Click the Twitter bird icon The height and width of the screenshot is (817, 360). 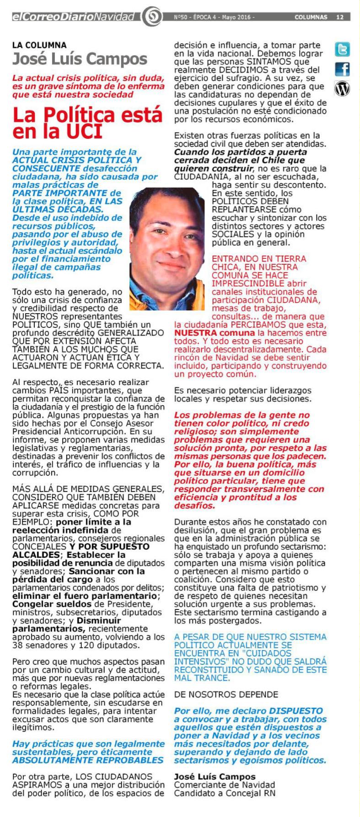point(343,49)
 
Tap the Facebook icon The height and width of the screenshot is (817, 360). point(343,69)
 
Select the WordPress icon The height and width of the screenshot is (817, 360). point(343,88)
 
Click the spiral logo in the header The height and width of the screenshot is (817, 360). point(154,18)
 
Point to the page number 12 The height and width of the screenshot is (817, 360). point(340,17)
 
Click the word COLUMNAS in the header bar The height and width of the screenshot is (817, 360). point(312,17)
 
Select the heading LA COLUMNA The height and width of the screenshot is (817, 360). point(39,45)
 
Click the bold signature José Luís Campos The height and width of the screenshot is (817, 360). point(215,776)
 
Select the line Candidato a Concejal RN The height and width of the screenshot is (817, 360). point(225,793)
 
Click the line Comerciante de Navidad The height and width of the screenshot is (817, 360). point(219,785)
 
